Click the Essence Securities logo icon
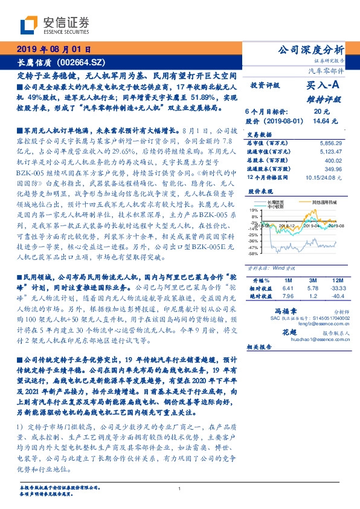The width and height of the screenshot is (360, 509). pyautogui.click(x=29, y=25)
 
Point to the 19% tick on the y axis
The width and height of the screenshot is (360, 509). pyautogui.click(x=253, y=209)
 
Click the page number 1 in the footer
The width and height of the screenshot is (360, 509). pyautogui.click(x=180, y=488)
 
